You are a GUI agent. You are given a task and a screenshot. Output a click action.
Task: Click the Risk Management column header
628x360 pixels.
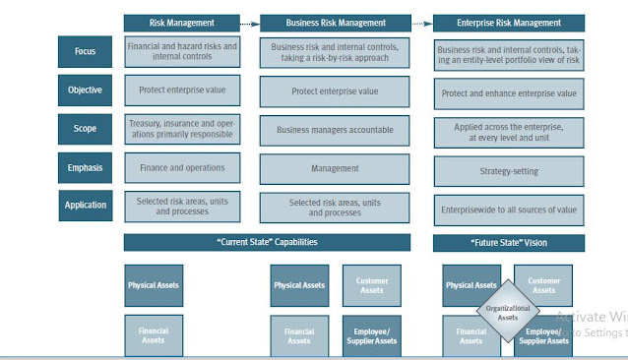point(182,23)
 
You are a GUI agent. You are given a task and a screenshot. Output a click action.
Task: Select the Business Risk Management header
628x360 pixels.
point(335,23)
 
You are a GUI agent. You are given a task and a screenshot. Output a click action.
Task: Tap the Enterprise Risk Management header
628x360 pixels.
point(509,23)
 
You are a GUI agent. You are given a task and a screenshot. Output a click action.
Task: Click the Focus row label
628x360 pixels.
point(85,51)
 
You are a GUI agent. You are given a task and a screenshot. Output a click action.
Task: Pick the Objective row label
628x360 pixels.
point(85,90)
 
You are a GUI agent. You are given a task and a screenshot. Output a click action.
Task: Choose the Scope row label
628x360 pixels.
point(85,129)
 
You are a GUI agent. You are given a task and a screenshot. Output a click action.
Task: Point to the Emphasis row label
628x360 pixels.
point(85,168)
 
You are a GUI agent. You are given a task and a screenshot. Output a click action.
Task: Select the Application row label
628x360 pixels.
point(85,207)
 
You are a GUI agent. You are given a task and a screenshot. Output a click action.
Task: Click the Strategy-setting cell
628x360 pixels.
point(509,171)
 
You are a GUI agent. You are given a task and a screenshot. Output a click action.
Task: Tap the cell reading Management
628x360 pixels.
point(335,168)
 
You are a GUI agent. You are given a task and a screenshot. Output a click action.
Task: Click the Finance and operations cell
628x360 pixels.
point(182,168)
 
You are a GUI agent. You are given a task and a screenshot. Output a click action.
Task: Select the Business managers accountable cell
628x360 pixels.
point(335,129)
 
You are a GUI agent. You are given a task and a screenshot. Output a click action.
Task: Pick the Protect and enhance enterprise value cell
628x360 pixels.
point(509,93)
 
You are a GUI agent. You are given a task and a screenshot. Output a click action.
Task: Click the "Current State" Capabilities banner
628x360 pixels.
point(267,242)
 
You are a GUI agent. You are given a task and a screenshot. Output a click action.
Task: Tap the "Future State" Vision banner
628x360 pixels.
point(509,242)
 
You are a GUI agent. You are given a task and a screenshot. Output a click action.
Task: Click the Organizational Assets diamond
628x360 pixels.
point(508,312)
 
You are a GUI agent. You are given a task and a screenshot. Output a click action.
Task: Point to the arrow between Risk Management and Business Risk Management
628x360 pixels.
point(251,23)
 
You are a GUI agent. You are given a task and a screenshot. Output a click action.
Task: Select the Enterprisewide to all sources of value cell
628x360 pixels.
point(509,210)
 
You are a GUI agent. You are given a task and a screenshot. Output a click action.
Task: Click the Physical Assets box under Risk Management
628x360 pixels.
point(154,285)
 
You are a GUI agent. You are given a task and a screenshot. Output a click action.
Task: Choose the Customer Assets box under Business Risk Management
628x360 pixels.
point(371,285)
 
